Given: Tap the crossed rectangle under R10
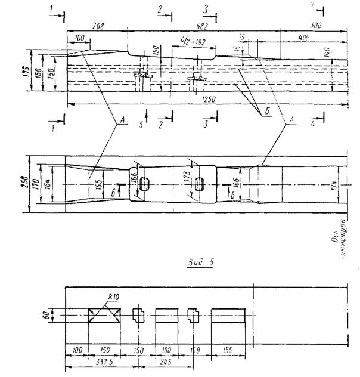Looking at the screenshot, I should point(104,315).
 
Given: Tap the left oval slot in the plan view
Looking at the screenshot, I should point(144,186).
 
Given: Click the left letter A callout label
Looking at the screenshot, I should point(121,120).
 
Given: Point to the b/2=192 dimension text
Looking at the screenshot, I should point(192,42).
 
